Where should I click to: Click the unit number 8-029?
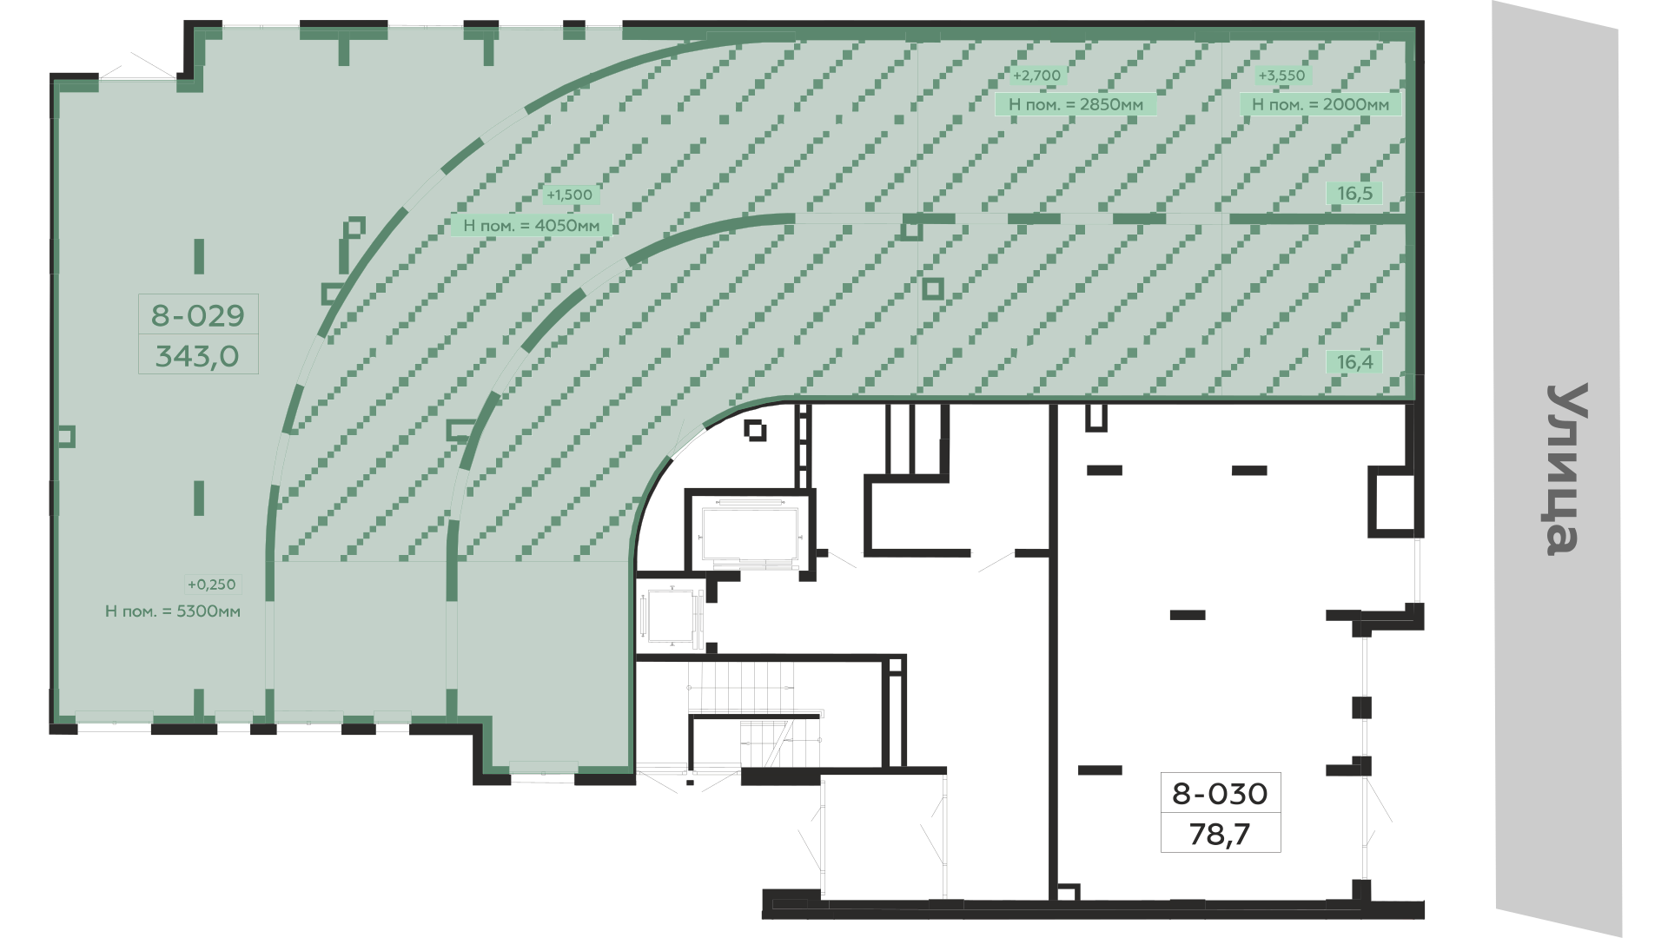198,315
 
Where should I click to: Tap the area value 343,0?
197,356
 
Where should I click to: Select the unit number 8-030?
1221,793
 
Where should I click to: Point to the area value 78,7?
1220,835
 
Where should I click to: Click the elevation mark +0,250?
211,585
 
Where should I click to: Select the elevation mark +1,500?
569,195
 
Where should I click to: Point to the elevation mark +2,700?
1037,76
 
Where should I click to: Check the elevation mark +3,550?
1281,76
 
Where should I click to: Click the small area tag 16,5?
1354,193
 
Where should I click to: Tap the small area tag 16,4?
1354,362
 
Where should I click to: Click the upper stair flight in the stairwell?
742,685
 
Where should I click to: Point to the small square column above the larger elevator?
755,430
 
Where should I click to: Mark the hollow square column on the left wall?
67,436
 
